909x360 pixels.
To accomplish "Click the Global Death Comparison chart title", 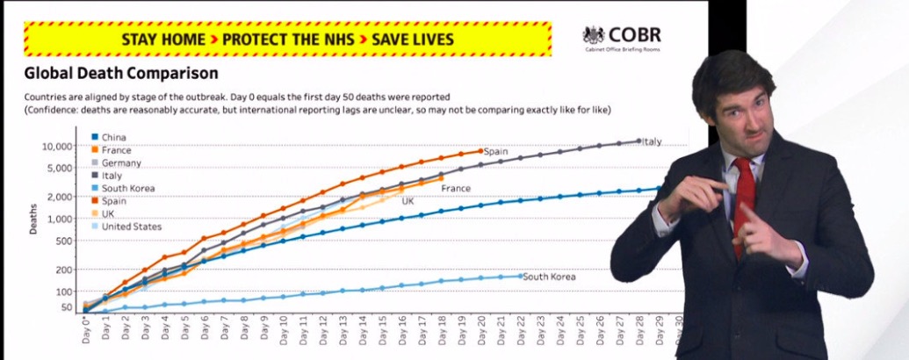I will pos(121,74).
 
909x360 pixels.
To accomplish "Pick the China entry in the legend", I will pos(114,138).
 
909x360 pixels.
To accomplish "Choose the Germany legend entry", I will pos(121,163).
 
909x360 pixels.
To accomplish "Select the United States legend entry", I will pos(132,227).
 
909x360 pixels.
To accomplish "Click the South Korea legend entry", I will pos(128,189).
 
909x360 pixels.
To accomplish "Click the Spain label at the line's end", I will pos(496,152).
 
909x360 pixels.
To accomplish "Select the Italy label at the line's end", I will pos(652,141).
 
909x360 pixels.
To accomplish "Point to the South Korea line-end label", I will pos(549,277).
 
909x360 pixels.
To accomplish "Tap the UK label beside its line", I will pos(408,202).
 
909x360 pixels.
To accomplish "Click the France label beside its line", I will pos(456,188).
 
